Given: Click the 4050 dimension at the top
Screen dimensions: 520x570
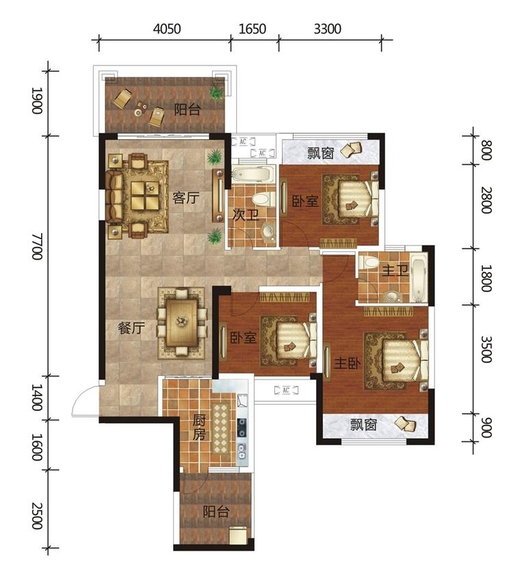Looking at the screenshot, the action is click(167, 29).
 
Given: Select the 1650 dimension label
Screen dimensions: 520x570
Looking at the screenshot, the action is click(252, 29).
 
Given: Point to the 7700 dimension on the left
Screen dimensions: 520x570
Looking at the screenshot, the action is click(38, 247).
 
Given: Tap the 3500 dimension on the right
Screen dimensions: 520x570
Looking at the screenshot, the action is click(486, 349).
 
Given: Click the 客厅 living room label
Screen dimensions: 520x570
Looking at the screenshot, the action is click(186, 198).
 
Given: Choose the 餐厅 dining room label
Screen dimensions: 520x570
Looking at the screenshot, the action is click(131, 328).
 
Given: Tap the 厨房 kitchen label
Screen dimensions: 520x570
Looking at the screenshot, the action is click(199, 428).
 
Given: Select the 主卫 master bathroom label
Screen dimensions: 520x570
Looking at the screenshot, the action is click(395, 271).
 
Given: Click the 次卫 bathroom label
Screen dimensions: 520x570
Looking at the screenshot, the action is click(246, 215).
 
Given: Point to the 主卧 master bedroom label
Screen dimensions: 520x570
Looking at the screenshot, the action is click(347, 363).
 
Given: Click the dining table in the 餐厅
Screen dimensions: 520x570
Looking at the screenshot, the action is click(181, 322).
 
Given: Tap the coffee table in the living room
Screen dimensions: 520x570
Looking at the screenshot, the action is click(145, 195).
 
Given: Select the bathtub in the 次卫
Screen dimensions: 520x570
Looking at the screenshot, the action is click(251, 175).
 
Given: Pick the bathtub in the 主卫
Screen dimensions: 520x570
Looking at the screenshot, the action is click(418, 278).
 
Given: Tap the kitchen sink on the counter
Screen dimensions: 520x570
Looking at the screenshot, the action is click(242, 451).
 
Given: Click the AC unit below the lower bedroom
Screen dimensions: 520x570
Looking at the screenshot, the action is click(286, 391).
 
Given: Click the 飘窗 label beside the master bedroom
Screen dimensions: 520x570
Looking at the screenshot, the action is click(364, 425).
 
